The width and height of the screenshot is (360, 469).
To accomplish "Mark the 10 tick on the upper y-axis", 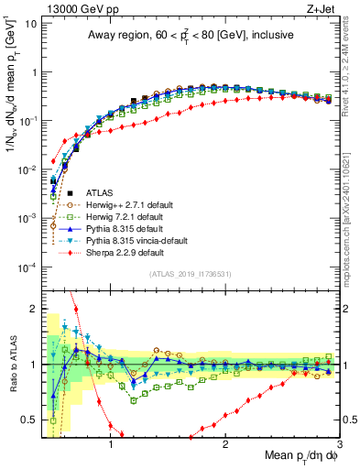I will point(29,21).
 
